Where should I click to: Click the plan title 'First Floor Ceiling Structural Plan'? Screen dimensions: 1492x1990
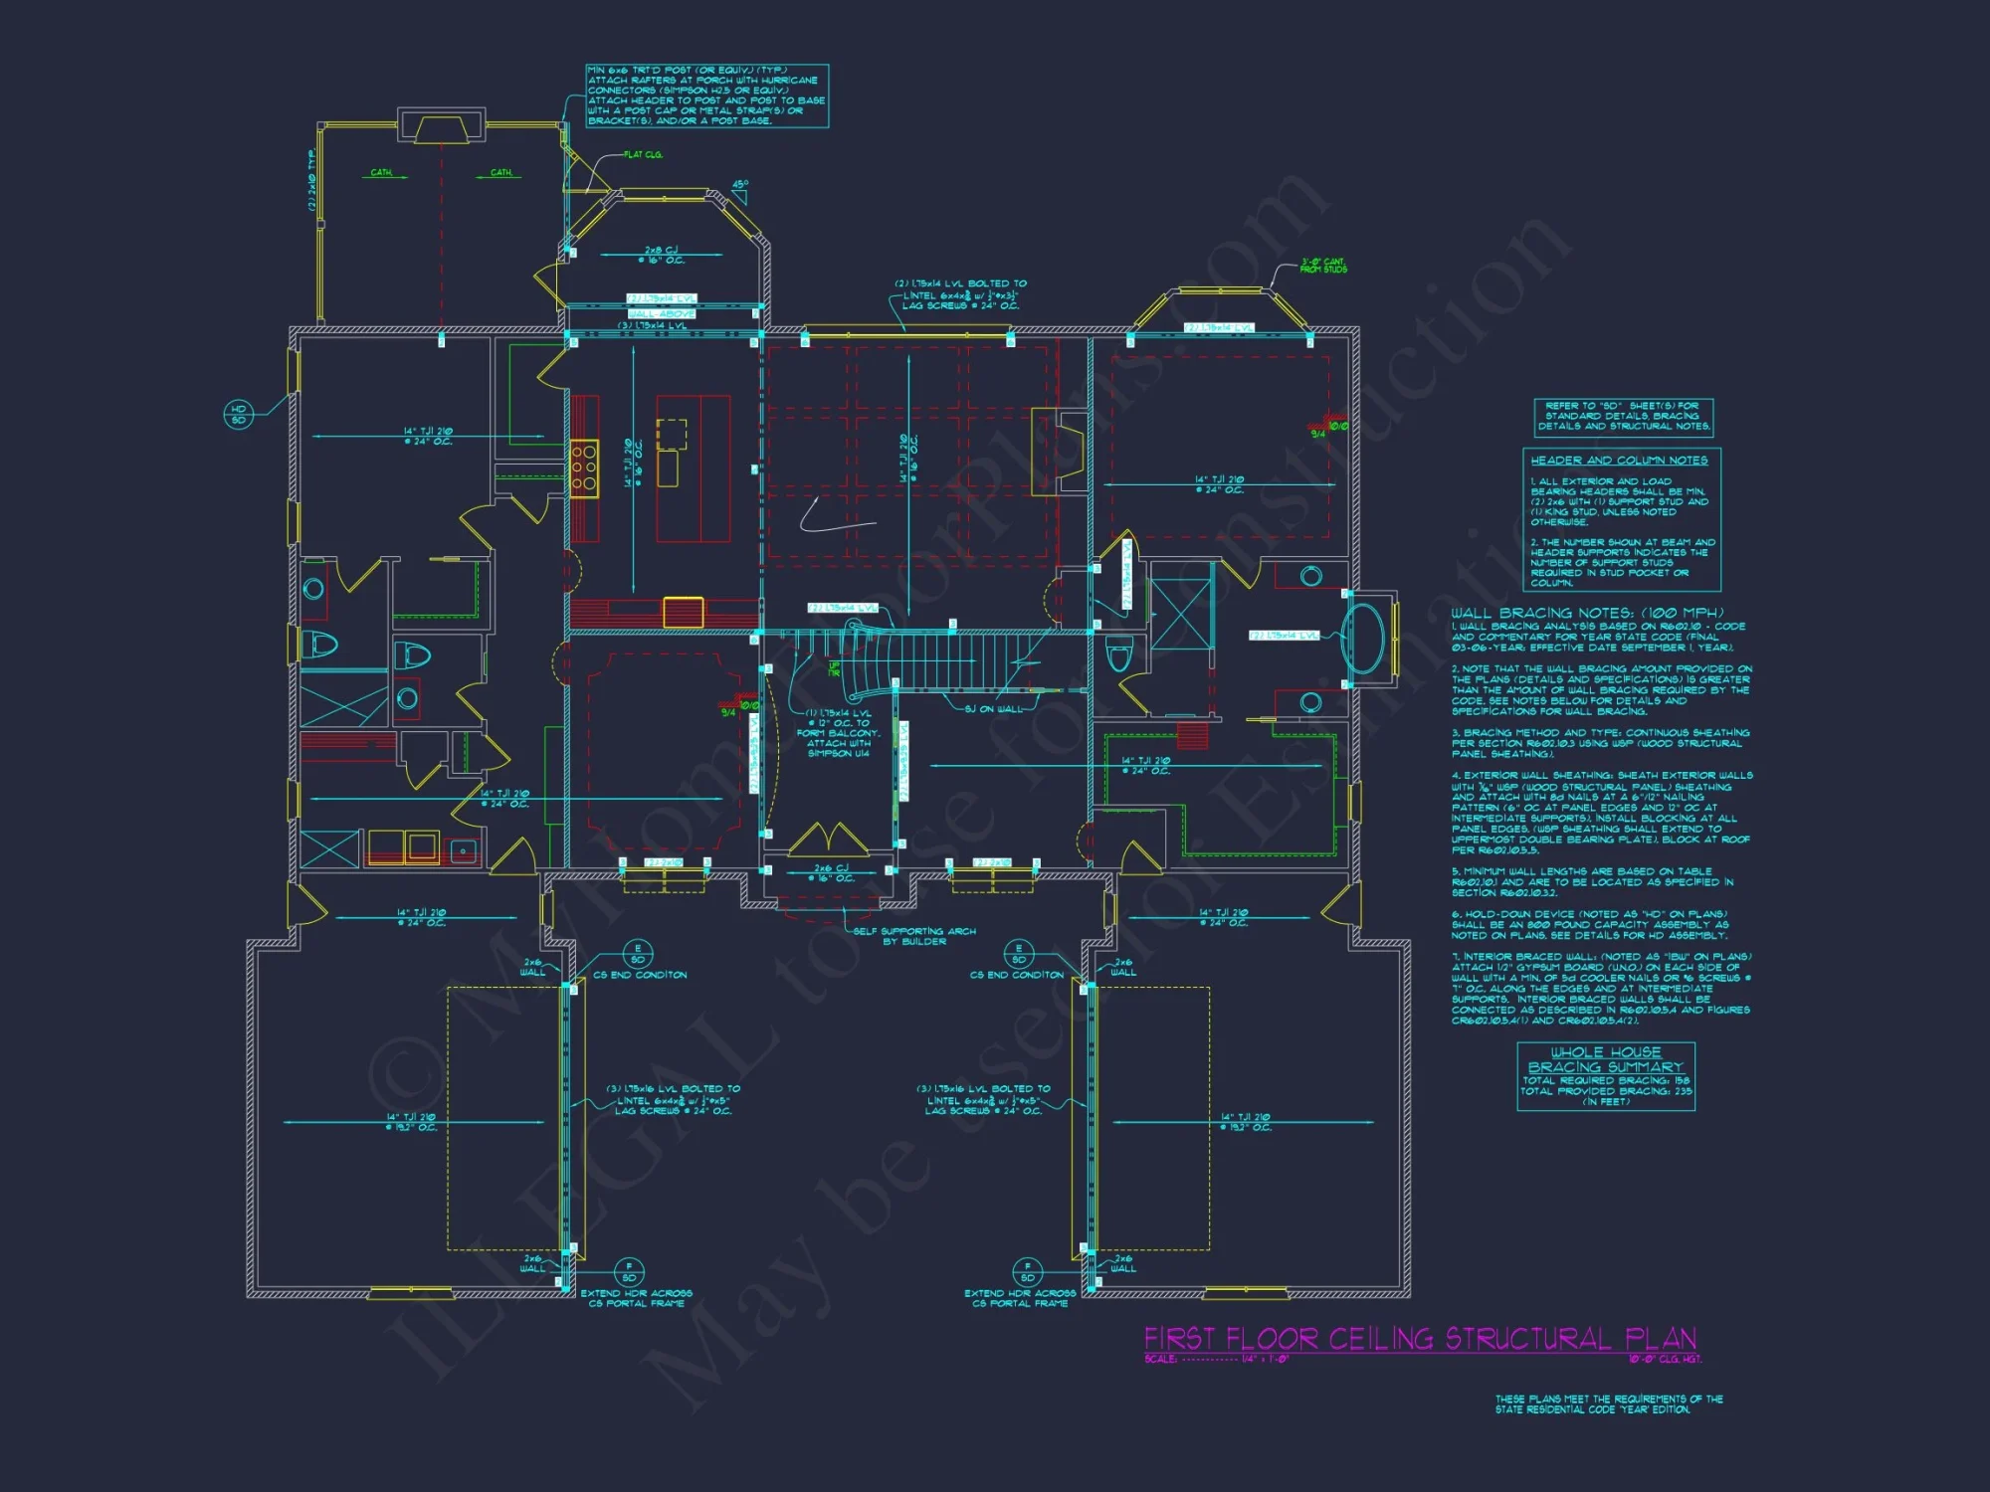tap(1420, 1338)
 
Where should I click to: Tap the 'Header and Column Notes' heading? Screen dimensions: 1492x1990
tap(1619, 461)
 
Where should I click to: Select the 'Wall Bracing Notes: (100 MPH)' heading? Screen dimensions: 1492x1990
tap(1587, 613)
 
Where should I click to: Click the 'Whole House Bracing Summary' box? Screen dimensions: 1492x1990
tap(1605, 1076)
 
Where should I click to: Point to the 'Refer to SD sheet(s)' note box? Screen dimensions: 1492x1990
tap(1623, 416)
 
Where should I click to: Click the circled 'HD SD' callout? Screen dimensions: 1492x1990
tap(239, 414)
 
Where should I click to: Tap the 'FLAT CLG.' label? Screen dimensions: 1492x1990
tap(643, 155)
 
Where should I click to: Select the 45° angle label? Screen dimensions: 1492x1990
tap(740, 185)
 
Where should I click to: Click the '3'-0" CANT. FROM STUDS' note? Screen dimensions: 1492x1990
tap(1323, 266)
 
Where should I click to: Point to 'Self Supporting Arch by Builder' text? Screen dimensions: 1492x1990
tap(914, 936)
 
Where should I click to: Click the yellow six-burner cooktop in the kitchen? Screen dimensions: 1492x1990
tap(584, 467)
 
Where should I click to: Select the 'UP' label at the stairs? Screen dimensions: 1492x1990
tap(834, 668)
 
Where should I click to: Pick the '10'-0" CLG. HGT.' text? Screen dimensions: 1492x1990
tap(1665, 1359)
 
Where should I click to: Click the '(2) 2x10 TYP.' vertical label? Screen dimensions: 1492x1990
tap(311, 179)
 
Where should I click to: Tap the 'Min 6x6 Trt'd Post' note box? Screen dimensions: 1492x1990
tap(706, 95)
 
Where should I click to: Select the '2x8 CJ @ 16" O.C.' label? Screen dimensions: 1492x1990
tap(662, 256)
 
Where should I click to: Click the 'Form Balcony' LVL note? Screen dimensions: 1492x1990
tap(838, 733)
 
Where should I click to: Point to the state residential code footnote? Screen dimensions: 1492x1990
tap(1609, 1403)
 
